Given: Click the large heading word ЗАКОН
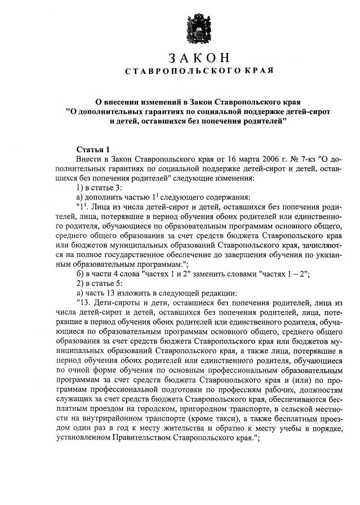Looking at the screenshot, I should (200, 58).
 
